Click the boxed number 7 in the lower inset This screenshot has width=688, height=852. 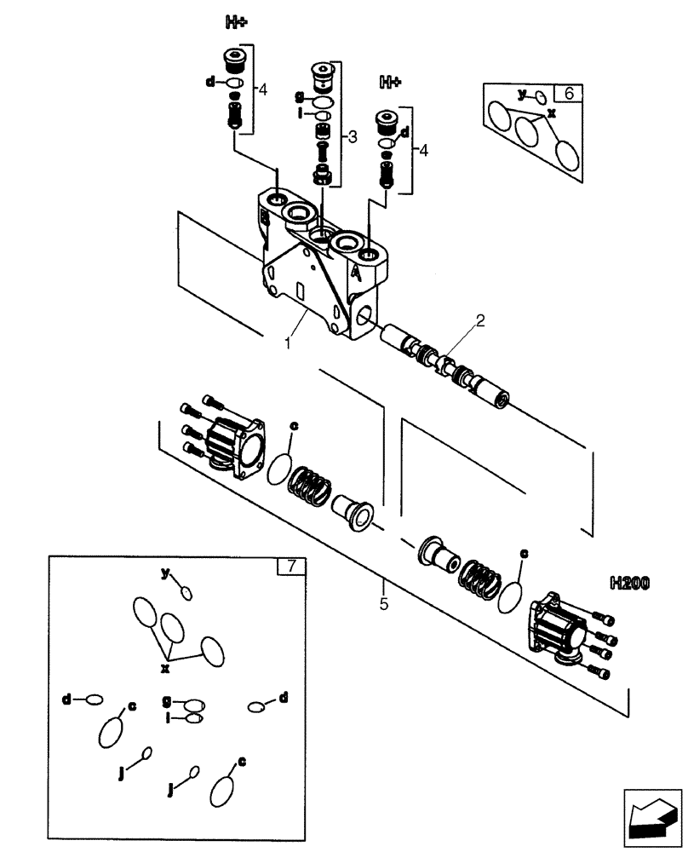[291, 566]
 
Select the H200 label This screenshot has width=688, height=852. [629, 584]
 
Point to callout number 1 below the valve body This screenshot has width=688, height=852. [290, 343]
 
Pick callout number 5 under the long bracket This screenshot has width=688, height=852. [384, 606]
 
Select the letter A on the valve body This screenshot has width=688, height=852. [355, 273]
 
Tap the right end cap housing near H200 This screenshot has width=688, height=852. [559, 628]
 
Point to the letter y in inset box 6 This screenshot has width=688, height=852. [522, 93]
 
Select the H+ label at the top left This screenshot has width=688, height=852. [237, 23]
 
